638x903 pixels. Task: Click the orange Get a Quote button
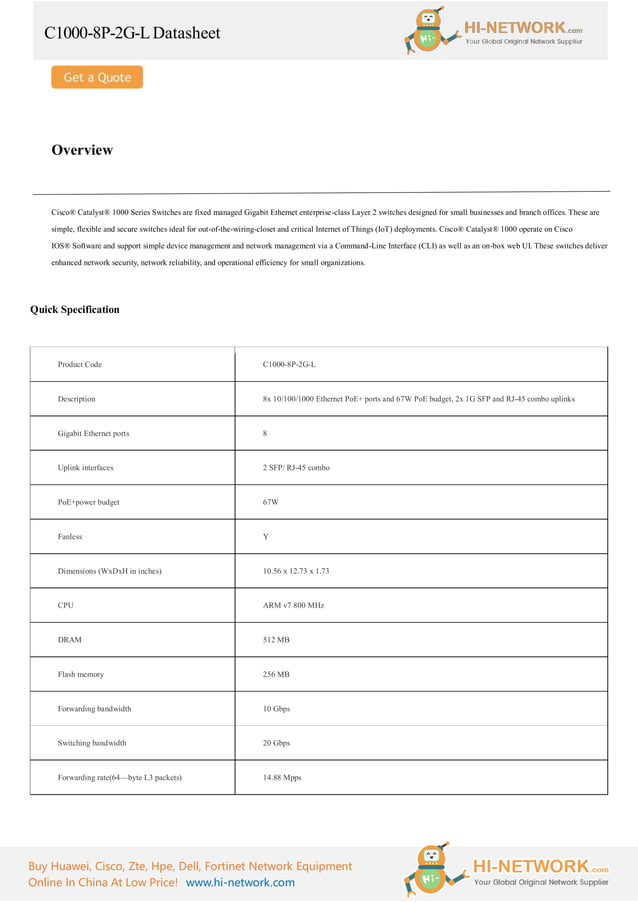(x=97, y=77)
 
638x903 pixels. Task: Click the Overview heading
(x=82, y=150)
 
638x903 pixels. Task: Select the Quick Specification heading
(x=74, y=309)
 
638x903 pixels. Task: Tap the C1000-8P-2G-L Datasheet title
(x=132, y=33)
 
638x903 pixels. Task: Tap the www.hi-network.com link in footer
(x=240, y=882)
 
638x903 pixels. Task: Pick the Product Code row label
(x=80, y=364)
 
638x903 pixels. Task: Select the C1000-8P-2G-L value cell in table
(x=289, y=364)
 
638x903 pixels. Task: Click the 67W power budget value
(x=271, y=502)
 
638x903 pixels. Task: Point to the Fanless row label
(x=70, y=537)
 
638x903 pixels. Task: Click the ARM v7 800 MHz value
(x=294, y=605)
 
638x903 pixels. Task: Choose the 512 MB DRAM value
(x=276, y=639)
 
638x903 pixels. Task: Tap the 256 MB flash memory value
(x=276, y=674)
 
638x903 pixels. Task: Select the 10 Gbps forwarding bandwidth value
(x=276, y=708)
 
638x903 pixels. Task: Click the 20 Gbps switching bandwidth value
(x=276, y=743)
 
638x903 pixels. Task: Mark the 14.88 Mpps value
(x=282, y=777)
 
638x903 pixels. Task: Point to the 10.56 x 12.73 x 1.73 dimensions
(x=296, y=571)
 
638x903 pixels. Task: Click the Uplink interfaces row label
(x=86, y=468)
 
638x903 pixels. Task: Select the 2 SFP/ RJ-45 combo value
(x=296, y=468)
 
